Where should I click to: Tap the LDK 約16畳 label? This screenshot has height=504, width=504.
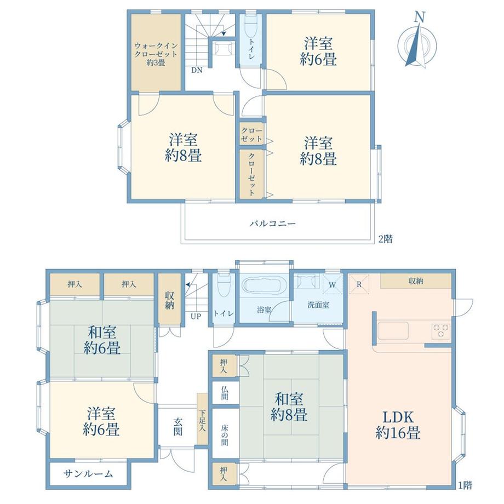click(x=398, y=425)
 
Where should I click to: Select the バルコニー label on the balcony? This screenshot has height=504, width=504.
click(x=273, y=224)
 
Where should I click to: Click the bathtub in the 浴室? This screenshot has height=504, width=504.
click(x=264, y=286)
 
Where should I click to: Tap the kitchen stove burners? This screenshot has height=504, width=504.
click(x=441, y=331)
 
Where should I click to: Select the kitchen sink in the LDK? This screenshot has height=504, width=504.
click(x=393, y=331)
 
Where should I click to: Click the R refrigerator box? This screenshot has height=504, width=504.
click(x=359, y=284)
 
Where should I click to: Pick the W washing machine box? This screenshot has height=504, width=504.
click(x=333, y=284)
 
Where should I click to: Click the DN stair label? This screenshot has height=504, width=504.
click(x=197, y=70)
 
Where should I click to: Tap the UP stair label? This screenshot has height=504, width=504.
click(x=196, y=316)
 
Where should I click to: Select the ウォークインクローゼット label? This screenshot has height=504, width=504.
click(x=156, y=54)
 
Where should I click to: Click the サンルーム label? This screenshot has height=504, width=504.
click(x=88, y=473)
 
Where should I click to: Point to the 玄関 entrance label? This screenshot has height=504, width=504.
click(x=179, y=427)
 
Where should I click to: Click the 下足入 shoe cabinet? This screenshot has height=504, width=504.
click(x=202, y=419)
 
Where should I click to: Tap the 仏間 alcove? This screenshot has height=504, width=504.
click(x=225, y=392)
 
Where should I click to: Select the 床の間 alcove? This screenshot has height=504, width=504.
click(x=225, y=436)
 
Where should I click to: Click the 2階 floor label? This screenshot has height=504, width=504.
click(x=385, y=239)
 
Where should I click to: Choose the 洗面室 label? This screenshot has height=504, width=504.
click(x=318, y=305)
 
